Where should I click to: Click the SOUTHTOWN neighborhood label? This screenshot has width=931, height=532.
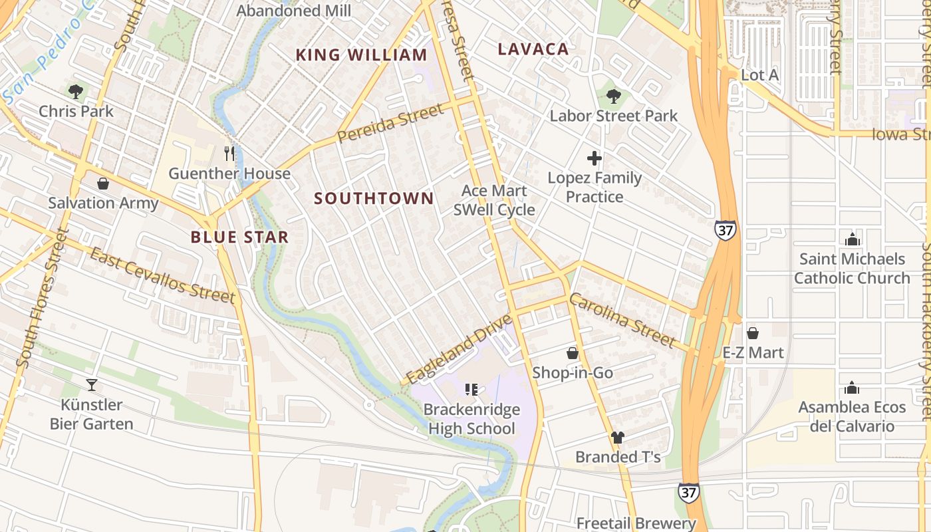click(374, 198)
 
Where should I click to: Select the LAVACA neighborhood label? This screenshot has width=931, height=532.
click(533, 49)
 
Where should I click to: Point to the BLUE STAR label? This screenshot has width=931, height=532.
click(239, 237)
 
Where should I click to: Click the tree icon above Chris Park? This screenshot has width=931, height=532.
click(76, 91)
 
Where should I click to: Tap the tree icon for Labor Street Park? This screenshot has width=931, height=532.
click(613, 96)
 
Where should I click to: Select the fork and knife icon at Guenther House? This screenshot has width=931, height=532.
click(229, 154)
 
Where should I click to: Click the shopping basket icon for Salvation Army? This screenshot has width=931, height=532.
click(103, 184)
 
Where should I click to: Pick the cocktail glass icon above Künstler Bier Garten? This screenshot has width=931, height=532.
click(91, 384)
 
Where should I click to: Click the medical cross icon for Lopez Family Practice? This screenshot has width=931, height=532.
click(595, 158)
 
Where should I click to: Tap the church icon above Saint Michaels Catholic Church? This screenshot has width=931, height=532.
click(851, 239)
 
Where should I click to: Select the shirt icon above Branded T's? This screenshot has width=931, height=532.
click(618, 438)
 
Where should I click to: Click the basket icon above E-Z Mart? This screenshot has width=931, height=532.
click(753, 332)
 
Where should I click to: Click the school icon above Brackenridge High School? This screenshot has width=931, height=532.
click(471, 390)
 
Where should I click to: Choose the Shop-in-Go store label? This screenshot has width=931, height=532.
click(573, 372)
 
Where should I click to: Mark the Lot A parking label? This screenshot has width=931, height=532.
click(759, 75)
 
